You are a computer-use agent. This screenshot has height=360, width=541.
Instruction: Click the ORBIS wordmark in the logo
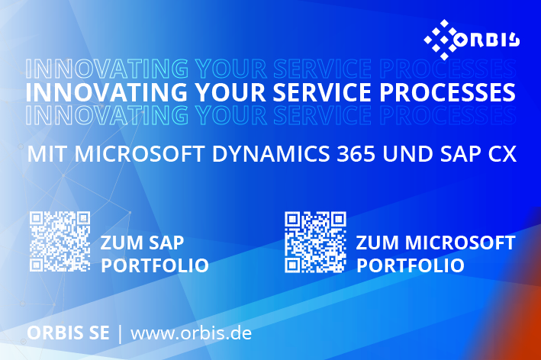tap(487, 40)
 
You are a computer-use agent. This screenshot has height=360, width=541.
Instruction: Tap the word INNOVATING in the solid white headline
tap(107, 92)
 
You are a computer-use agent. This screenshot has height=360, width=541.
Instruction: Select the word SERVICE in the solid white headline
tap(322, 92)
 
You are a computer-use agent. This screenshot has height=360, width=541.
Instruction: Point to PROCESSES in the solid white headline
tap(447, 92)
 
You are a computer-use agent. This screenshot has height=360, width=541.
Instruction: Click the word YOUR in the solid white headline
tap(230, 92)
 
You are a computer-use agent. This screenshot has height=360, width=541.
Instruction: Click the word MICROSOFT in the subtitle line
tap(140, 154)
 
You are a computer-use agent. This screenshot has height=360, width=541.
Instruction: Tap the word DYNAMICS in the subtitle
tap(271, 154)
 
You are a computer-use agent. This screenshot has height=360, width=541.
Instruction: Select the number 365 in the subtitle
tap(356, 154)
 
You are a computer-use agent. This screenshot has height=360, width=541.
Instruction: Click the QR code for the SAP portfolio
tap(60, 241)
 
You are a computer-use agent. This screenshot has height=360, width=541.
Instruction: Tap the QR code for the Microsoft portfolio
tap(315, 242)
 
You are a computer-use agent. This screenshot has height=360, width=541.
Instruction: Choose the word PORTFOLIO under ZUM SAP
tap(155, 265)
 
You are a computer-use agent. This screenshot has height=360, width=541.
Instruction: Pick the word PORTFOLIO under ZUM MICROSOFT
tap(411, 265)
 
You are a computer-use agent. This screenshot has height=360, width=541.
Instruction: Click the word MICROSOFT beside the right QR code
tap(460, 243)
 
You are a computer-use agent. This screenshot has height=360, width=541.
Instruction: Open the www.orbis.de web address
tap(192, 333)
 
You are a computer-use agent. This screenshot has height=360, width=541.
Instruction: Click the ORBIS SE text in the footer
tap(69, 333)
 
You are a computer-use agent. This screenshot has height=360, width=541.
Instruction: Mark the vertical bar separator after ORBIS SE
tap(120, 334)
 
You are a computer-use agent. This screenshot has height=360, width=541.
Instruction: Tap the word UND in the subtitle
tap(407, 154)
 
